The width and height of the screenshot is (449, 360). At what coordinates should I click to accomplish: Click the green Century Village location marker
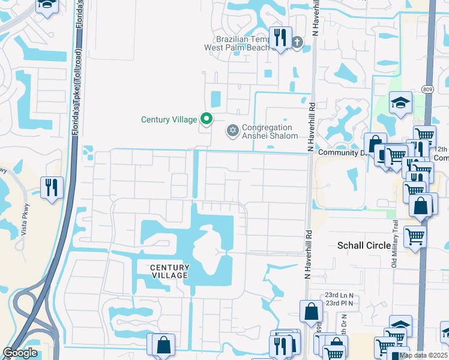[x=206, y=119]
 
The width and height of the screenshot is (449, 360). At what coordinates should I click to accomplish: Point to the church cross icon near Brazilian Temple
[x=298, y=42]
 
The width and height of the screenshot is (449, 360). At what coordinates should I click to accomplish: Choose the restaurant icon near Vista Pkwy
[x=52, y=187]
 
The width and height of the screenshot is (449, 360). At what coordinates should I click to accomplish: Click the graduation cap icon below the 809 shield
[x=400, y=102]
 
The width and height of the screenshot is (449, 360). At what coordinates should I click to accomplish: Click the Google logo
[x=20, y=353]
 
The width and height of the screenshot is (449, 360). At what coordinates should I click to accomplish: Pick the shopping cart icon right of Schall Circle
[x=415, y=236]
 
